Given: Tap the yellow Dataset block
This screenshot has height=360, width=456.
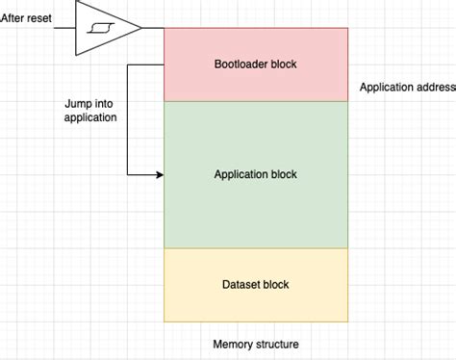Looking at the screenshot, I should [255, 285].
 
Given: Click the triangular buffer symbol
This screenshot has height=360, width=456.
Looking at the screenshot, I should [107, 28].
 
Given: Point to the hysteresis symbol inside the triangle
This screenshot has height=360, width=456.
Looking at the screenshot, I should [98, 28].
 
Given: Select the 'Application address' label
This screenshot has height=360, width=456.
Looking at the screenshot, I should [406, 87].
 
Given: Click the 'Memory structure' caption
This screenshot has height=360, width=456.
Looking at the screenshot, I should [255, 344].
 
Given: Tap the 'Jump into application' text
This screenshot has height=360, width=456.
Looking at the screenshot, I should [90, 110].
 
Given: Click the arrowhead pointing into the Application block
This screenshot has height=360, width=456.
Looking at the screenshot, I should [159, 175].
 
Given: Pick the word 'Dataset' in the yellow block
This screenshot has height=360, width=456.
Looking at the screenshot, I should [240, 285].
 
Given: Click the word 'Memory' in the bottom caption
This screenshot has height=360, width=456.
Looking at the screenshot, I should [233, 344].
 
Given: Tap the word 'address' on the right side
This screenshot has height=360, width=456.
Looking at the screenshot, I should [434, 87].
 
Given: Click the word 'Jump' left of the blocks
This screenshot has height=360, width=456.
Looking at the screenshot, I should [78, 103].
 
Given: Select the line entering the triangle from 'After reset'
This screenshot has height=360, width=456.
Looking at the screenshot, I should [63, 28].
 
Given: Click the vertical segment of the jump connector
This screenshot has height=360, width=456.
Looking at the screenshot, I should [128, 120].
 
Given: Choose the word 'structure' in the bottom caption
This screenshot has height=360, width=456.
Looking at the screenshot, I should [276, 344].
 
